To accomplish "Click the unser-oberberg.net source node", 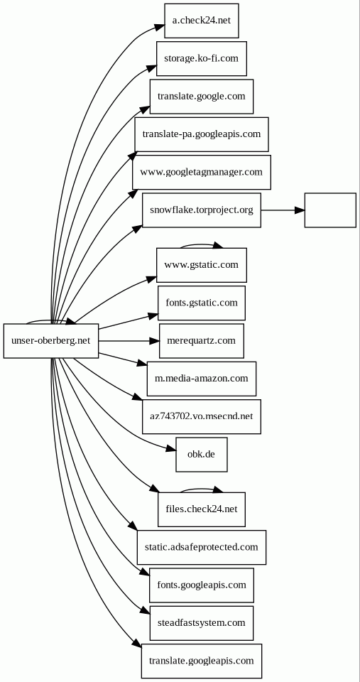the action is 51,341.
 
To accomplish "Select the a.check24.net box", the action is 202,21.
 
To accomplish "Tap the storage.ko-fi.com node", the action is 202,59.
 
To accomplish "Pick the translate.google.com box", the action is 202,97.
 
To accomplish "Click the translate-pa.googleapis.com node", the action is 202,134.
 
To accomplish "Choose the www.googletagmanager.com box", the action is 202,172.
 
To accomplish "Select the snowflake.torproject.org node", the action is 202,210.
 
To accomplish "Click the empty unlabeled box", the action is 330,210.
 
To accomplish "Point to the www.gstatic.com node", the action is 202,265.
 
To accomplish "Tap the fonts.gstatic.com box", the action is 202,303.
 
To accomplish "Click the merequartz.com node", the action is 202,341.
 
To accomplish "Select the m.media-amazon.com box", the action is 202,379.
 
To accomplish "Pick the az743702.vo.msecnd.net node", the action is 202,417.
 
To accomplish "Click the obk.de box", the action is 202,455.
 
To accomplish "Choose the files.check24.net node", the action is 202,510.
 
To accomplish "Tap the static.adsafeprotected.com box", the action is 202,548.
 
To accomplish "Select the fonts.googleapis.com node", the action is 202,585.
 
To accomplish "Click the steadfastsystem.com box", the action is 202,623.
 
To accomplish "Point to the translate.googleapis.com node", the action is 202,661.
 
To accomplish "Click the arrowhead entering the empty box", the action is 299,210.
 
